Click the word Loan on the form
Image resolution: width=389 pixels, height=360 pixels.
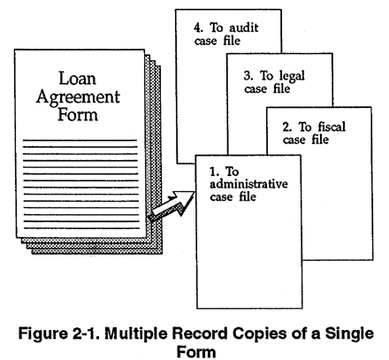point(78,79)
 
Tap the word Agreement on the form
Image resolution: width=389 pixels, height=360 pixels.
point(78,98)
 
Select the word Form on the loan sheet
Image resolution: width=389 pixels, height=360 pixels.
point(78,114)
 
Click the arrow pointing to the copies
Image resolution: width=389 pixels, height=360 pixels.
point(172,206)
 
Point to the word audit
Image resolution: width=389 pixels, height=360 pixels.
point(244,28)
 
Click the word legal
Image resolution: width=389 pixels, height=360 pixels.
point(292,76)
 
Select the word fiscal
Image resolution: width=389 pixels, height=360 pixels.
point(332,127)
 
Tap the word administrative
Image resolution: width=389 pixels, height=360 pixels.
point(248,184)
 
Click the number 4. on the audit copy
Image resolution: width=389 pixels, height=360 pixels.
point(199,28)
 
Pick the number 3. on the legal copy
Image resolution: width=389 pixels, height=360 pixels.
point(248,76)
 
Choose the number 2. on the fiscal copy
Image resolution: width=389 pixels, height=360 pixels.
point(287,127)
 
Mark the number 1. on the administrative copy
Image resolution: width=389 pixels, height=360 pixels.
point(215,172)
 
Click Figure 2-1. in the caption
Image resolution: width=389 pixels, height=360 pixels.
point(60,333)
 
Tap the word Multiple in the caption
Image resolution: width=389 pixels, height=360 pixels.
point(137,334)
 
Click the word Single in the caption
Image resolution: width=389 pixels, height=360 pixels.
point(349,334)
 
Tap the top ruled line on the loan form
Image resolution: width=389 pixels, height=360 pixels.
point(80,140)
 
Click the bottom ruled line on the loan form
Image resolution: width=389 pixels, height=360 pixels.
point(81,228)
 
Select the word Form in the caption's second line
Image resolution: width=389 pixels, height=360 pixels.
point(196,351)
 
